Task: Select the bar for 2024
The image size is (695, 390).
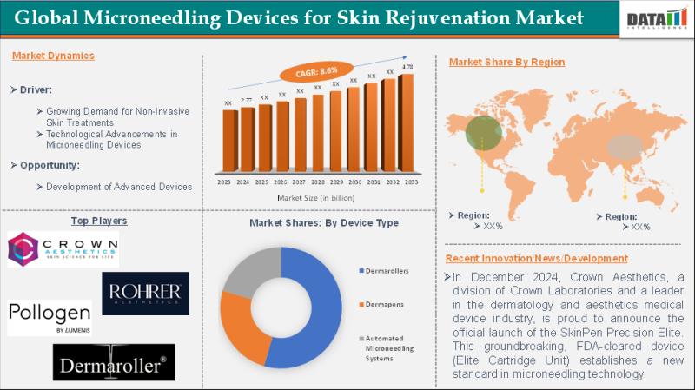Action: (x=247, y=139)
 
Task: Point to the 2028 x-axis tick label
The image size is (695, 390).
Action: (x=318, y=182)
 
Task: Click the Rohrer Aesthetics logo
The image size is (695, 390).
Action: (x=145, y=294)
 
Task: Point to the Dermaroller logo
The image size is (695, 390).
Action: (x=114, y=364)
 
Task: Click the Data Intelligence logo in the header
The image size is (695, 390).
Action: (x=656, y=18)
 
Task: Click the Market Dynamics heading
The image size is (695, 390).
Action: (x=54, y=56)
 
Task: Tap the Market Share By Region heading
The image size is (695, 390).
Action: (x=506, y=63)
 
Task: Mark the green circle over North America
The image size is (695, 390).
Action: (x=482, y=132)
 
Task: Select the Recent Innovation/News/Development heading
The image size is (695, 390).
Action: (x=536, y=259)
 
